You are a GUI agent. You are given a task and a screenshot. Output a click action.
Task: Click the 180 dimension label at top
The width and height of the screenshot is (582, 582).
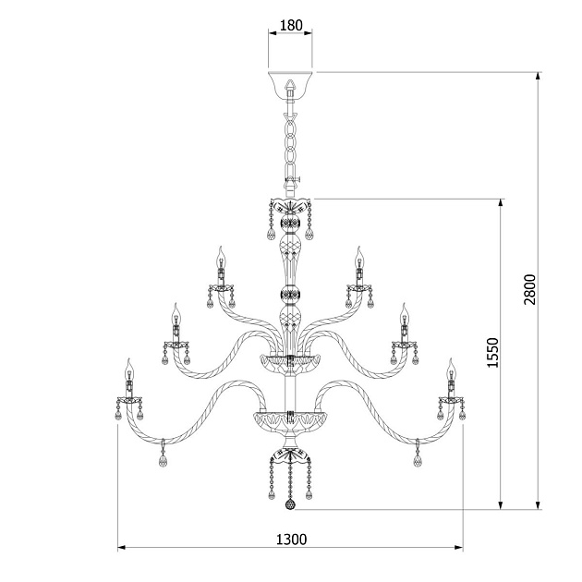coord(290,26)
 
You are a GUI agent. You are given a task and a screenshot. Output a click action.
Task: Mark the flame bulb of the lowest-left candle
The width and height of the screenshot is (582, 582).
coord(129,367)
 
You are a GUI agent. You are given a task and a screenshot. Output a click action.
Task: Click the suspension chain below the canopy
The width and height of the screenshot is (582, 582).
coord(290,139)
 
